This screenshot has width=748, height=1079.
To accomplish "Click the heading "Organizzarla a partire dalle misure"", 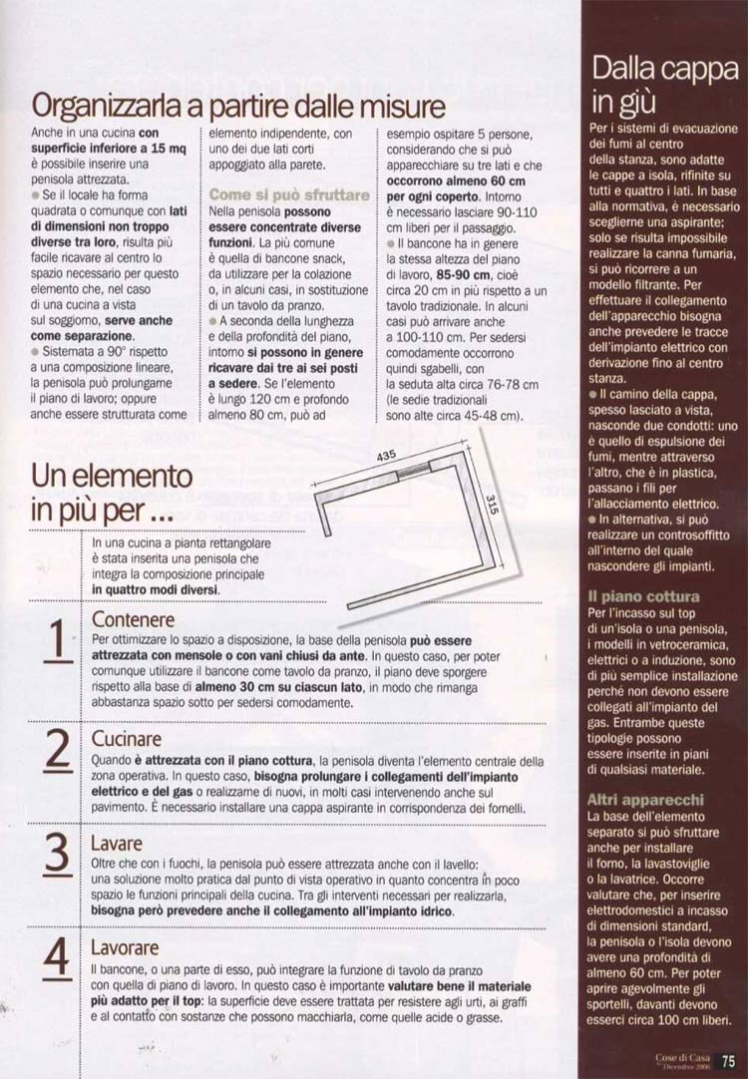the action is pos(238,106).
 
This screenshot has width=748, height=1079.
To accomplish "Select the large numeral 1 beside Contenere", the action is pos(58,640).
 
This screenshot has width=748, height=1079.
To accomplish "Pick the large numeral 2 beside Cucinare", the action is pos(58,751).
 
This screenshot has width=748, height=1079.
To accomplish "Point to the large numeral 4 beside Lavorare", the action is pos(58,957).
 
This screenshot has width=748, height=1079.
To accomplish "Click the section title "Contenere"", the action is pos(133,619).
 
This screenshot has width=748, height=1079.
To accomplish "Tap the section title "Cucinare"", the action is pos(127,739).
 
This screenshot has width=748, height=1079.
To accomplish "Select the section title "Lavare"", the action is pos(117,843).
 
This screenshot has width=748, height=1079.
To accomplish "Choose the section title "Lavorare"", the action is pos(125,947).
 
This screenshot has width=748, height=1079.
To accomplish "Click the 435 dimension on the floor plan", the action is pos(387,457).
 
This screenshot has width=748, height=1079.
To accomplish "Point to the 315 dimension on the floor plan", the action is pos(492,506).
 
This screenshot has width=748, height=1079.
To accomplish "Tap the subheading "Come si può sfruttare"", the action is pos(289,194).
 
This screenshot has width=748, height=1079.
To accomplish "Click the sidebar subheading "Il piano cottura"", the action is pos(643,596).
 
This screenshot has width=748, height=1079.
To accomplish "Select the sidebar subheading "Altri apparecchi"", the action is pos(645,800).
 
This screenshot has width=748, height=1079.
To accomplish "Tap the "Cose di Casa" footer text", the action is pos(682,1057).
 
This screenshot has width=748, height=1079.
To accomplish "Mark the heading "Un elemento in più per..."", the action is pos(112,493).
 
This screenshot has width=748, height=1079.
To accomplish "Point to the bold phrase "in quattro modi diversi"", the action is pos(156,589).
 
